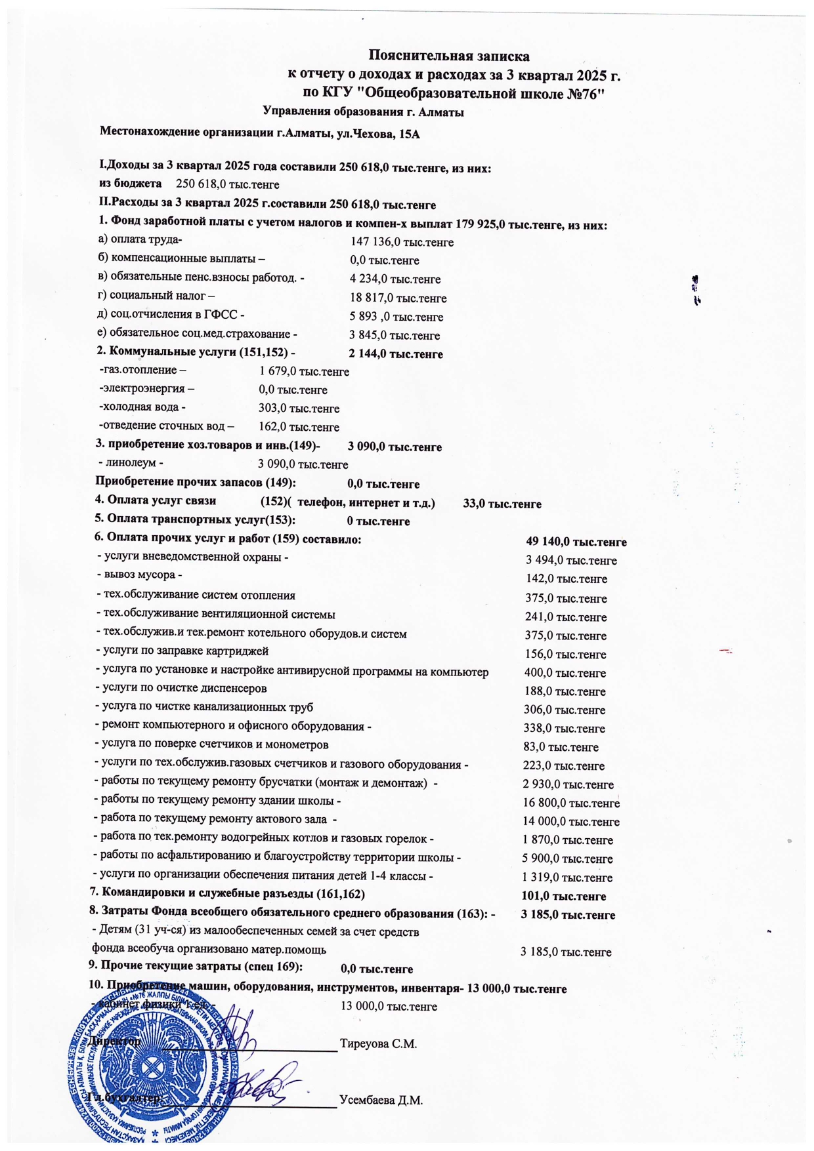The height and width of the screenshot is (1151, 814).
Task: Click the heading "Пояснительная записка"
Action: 448,55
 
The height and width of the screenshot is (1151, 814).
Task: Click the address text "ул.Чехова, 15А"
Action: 377,134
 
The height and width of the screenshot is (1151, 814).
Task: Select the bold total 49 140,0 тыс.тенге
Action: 576,542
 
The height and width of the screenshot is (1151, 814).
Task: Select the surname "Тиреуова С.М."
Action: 379,1043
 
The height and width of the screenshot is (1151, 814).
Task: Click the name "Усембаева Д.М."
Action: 381,1100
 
